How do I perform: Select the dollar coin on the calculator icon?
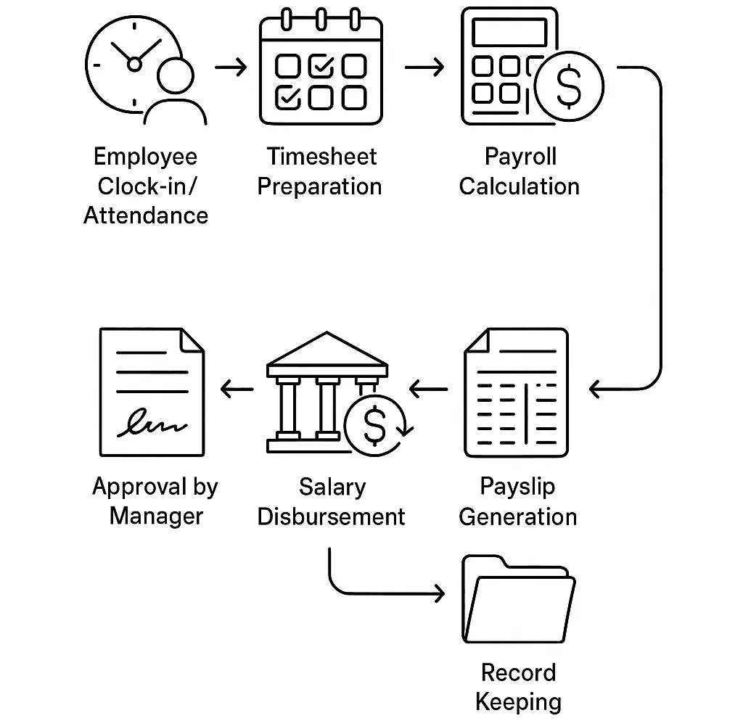(569, 86)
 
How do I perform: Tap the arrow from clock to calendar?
(231, 68)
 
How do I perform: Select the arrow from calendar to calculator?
(424, 68)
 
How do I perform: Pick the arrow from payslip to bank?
(429, 390)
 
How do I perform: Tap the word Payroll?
(520, 157)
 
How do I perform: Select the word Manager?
(156, 516)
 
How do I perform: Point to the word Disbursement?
(331, 516)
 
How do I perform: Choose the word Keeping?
(518, 702)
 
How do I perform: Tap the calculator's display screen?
(509, 32)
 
